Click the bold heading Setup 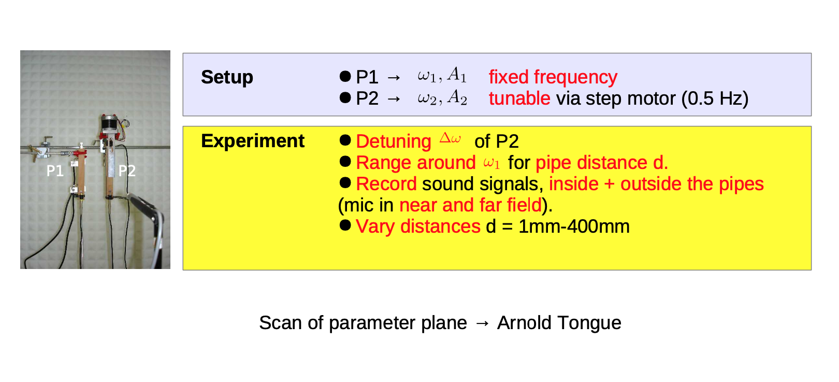point(227,78)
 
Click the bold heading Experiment point(253,142)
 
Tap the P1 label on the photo point(55,171)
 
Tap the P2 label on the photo point(127,171)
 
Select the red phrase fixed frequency point(553,78)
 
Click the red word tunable point(519,98)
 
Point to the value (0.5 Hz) point(715,99)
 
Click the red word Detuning point(393,142)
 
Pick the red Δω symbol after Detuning point(450,138)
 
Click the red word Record point(386,184)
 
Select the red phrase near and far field point(470,205)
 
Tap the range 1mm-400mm point(574,227)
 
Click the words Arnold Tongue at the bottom point(559,323)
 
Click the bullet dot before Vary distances point(345,225)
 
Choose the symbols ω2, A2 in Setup point(442,98)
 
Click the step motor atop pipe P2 point(109,123)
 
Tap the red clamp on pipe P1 point(79,153)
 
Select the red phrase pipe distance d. point(602,163)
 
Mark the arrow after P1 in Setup point(394,78)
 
